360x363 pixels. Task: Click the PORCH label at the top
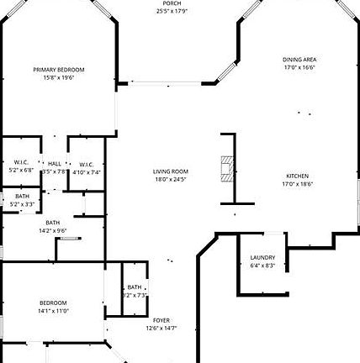(171, 3)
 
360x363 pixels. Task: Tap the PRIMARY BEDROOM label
(59, 70)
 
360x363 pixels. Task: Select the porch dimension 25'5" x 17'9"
(171, 11)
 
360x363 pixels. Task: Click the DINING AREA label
(299, 60)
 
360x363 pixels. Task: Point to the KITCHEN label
(298, 176)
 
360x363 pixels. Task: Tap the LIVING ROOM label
(170, 171)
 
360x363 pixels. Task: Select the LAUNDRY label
(262, 258)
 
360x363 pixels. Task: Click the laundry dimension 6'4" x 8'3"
(262, 266)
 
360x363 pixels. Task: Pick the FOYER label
(161, 320)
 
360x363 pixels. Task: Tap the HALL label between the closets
(55, 164)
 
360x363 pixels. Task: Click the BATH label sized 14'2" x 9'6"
(53, 223)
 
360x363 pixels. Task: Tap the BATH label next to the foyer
(135, 287)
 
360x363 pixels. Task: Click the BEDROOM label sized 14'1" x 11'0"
(53, 302)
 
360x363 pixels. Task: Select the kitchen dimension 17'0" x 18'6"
(298, 183)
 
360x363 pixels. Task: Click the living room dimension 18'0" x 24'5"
(170, 179)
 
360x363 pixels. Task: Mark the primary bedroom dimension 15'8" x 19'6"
(59, 77)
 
